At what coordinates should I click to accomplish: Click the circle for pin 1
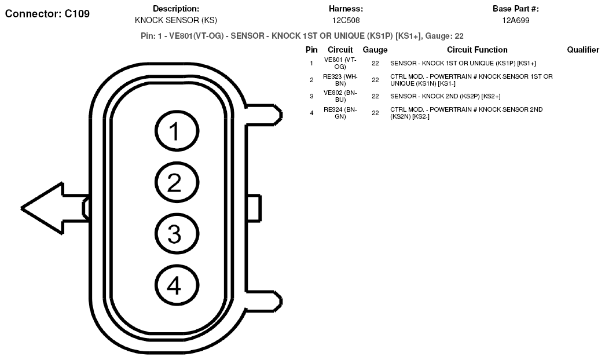point(177,131)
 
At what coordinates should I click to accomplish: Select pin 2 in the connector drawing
point(177,182)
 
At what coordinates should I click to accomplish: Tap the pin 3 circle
point(177,234)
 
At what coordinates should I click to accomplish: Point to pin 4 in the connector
point(177,285)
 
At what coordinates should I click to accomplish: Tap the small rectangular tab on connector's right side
point(254,208)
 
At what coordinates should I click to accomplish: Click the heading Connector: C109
point(47,14)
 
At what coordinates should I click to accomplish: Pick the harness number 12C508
point(346,20)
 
